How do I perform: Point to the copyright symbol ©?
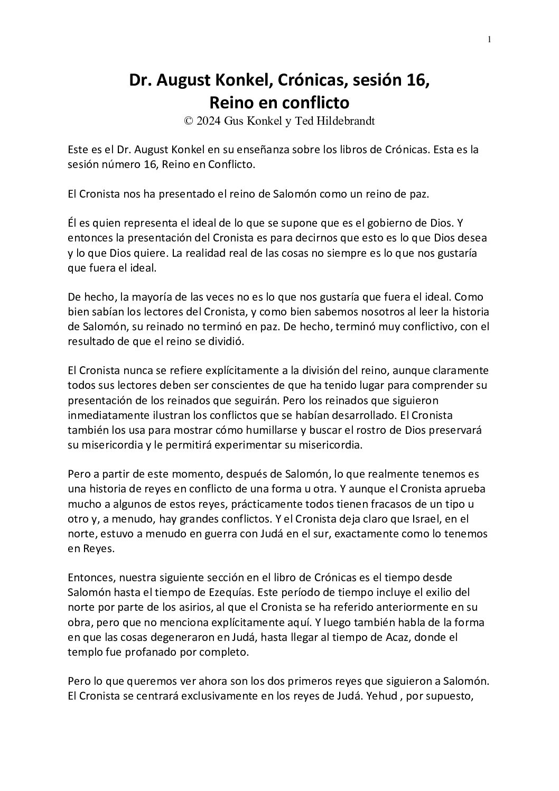(x=188, y=120)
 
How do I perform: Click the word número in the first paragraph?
(x=117, y=164)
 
